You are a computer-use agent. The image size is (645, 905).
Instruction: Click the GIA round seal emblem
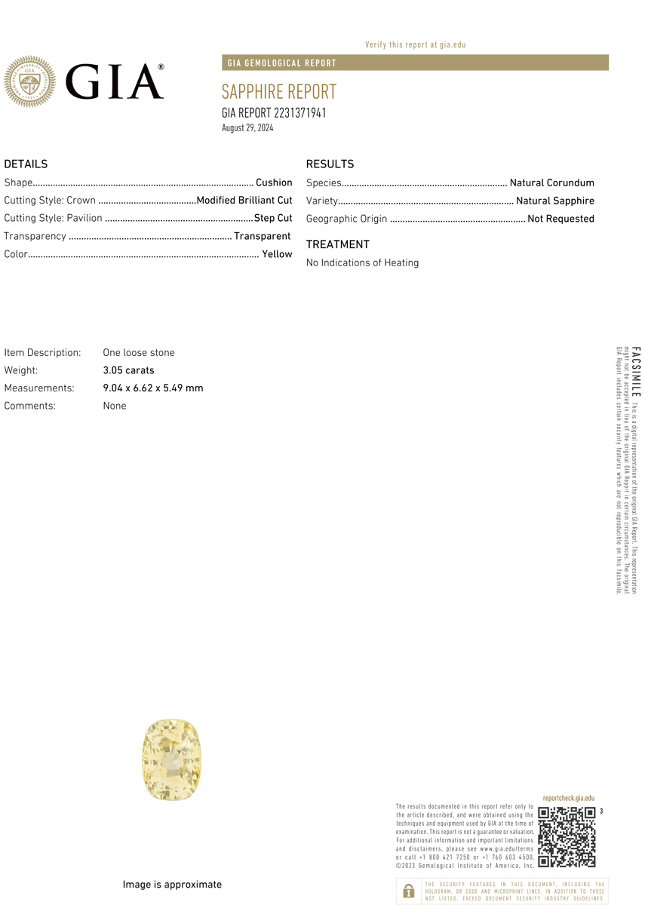[30, 81]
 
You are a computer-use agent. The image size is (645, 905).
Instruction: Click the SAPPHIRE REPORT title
[278, 92]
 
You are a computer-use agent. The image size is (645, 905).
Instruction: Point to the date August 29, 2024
[247, 128]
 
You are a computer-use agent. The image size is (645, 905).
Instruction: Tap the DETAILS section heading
[26, 164]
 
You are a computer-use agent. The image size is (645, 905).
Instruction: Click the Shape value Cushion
[274, 183]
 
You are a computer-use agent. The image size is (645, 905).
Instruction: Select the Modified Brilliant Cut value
[244, 201]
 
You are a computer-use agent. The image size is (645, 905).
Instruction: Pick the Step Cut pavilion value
[273, 218]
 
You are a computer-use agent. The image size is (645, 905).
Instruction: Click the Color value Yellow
[277, 254]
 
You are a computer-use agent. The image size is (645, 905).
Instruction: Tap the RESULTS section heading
[330, 164]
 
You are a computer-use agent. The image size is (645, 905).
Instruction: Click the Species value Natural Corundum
[551, 183]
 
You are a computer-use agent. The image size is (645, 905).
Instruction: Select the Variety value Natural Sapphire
[554, 201]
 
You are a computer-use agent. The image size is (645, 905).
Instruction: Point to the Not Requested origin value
[561, 219]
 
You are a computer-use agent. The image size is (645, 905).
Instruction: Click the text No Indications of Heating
[362, 262]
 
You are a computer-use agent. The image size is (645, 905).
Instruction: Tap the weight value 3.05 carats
[128, 370]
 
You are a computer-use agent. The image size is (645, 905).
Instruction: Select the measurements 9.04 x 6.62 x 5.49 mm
[153, 388]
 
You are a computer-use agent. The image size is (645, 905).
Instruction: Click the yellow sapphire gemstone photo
[172, 759]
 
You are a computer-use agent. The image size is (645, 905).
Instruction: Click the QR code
[567, 837]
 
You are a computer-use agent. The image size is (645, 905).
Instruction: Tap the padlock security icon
[408, 891]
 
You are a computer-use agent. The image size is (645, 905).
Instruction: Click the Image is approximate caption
[172, 885]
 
